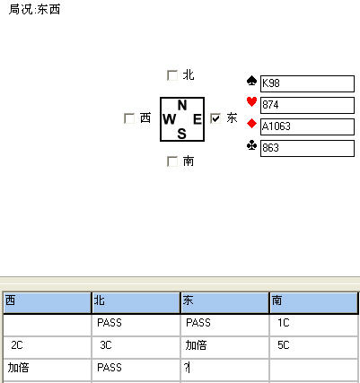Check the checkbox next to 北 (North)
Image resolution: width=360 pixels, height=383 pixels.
pyautogui.click(x=172, y=75)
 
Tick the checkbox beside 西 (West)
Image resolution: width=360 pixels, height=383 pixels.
pyautogui.click(x=129, y=118)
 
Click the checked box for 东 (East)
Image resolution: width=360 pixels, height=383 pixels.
pyautogui.click(x=215, y=118)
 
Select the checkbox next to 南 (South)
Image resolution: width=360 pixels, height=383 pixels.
pyautogui.click(x=172, y=161)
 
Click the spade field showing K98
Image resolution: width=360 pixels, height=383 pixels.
pyautogui.click(x=307, y=83)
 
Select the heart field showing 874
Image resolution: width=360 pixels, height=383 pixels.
pyautogui.click(x=307, y=105)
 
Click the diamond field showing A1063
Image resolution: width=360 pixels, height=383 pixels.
pyautogui.click(x=307, y=126)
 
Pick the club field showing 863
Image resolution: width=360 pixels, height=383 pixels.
pyautogui.click(x=307, y=148)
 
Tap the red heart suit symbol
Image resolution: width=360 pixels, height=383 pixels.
pyautogui.click(x=251, y=102)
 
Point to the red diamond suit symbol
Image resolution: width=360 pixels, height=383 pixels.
pyautogui.click(x=251, y=124)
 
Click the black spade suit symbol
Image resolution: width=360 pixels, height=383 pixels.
pyautogui.click(x=251, y=81)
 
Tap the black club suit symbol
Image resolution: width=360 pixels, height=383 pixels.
pyautogui.click(x=251, y=145)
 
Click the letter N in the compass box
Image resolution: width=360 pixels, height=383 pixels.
pyautogui.click(x=182, y=105)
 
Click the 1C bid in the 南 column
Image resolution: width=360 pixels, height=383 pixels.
pyautogui.click(x=283, y=323)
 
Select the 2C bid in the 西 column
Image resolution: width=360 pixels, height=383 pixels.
pyautogui.click(x=17, y=345)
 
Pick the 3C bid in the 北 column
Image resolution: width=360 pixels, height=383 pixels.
pyautogui.click(x=106, y=345)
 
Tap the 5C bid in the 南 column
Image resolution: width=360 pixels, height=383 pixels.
pyautogui.click(x=283, y=345)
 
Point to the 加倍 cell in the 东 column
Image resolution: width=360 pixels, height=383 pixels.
pyautogui.click(x=196, y=345)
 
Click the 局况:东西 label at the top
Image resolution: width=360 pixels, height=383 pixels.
pyautogui.click(x=34, y=9)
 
